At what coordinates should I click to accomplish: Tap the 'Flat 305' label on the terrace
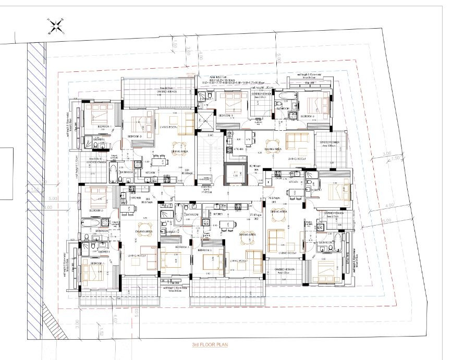(309, 82)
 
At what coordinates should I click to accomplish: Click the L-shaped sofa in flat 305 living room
(297, 140)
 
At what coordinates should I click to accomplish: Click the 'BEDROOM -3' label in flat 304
(135, 136)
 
